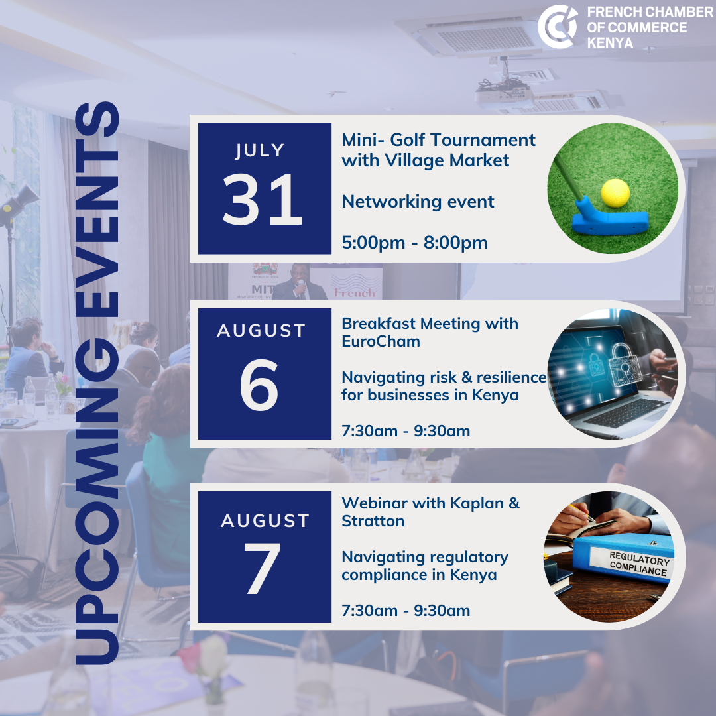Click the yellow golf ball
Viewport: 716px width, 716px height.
pyautogui.click(x=615, y=193)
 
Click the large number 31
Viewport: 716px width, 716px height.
pyautogui.click(x=263, y=200)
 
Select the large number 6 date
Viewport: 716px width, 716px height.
pyautogui.click(x=259, y=385)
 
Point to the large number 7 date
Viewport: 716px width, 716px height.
pyautogui.click(x=262, y=569)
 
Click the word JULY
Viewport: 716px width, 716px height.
pyautogui.click(x=260, y=150)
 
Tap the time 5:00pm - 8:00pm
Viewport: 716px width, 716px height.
pyautogui.click(x=414, y=243)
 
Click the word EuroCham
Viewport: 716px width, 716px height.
pyautogui.click(x=381, y=341)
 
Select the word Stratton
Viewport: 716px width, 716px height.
pyautogui.click(x=373, y=521)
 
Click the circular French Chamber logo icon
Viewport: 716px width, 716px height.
pyautogui.click(x=557, y=27)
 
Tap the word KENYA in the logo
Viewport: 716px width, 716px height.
pyautogui.click(x=610, y=43)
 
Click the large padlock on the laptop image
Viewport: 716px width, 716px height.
pyautogui.click(x=625, y=363)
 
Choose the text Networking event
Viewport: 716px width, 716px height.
pyautogui.click(x=418, y=202)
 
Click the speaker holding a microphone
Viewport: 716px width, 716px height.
pyautogui.click(x=299, y=283)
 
